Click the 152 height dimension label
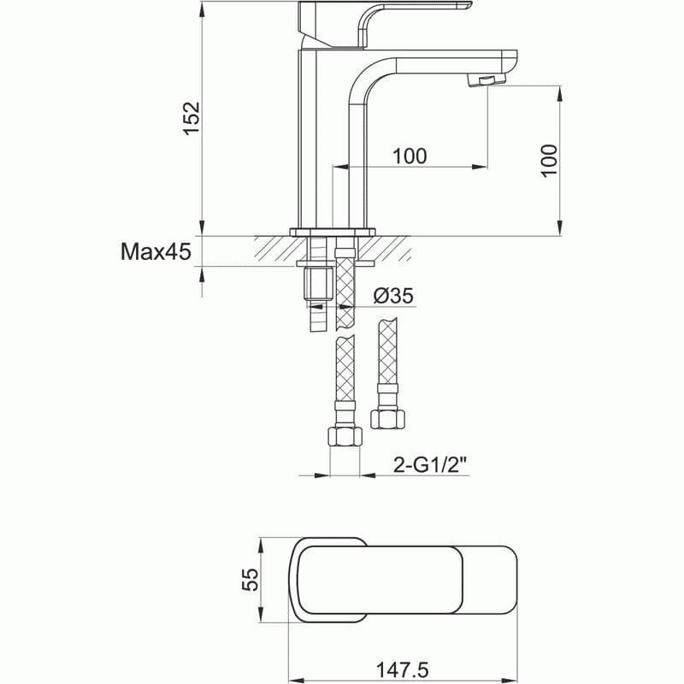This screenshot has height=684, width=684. (x=192, y=118)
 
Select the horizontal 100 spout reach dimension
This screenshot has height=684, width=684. (x=410, y=156)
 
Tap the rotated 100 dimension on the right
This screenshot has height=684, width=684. (x=550, y=160)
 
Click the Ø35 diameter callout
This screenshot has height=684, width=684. (x=393, y=296)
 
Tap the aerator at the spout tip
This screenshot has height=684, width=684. (x=485, y=80)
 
